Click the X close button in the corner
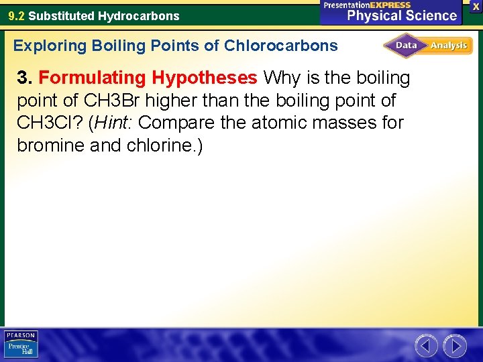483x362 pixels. click(476, 5)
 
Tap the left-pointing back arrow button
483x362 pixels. click(426, 346)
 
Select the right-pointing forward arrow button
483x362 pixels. click(455, 346)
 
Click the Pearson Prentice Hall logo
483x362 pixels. click(21, 345)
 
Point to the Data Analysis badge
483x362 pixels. click(428, 46)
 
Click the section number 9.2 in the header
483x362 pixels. click(16, 15)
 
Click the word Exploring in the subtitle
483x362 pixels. click(50, 46)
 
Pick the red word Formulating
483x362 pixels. click(92, 78)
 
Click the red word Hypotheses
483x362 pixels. click(204, 78)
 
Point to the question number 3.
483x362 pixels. click(24, 78)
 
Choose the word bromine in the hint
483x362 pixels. click(50, 145)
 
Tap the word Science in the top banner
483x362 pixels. click(431, 15)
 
